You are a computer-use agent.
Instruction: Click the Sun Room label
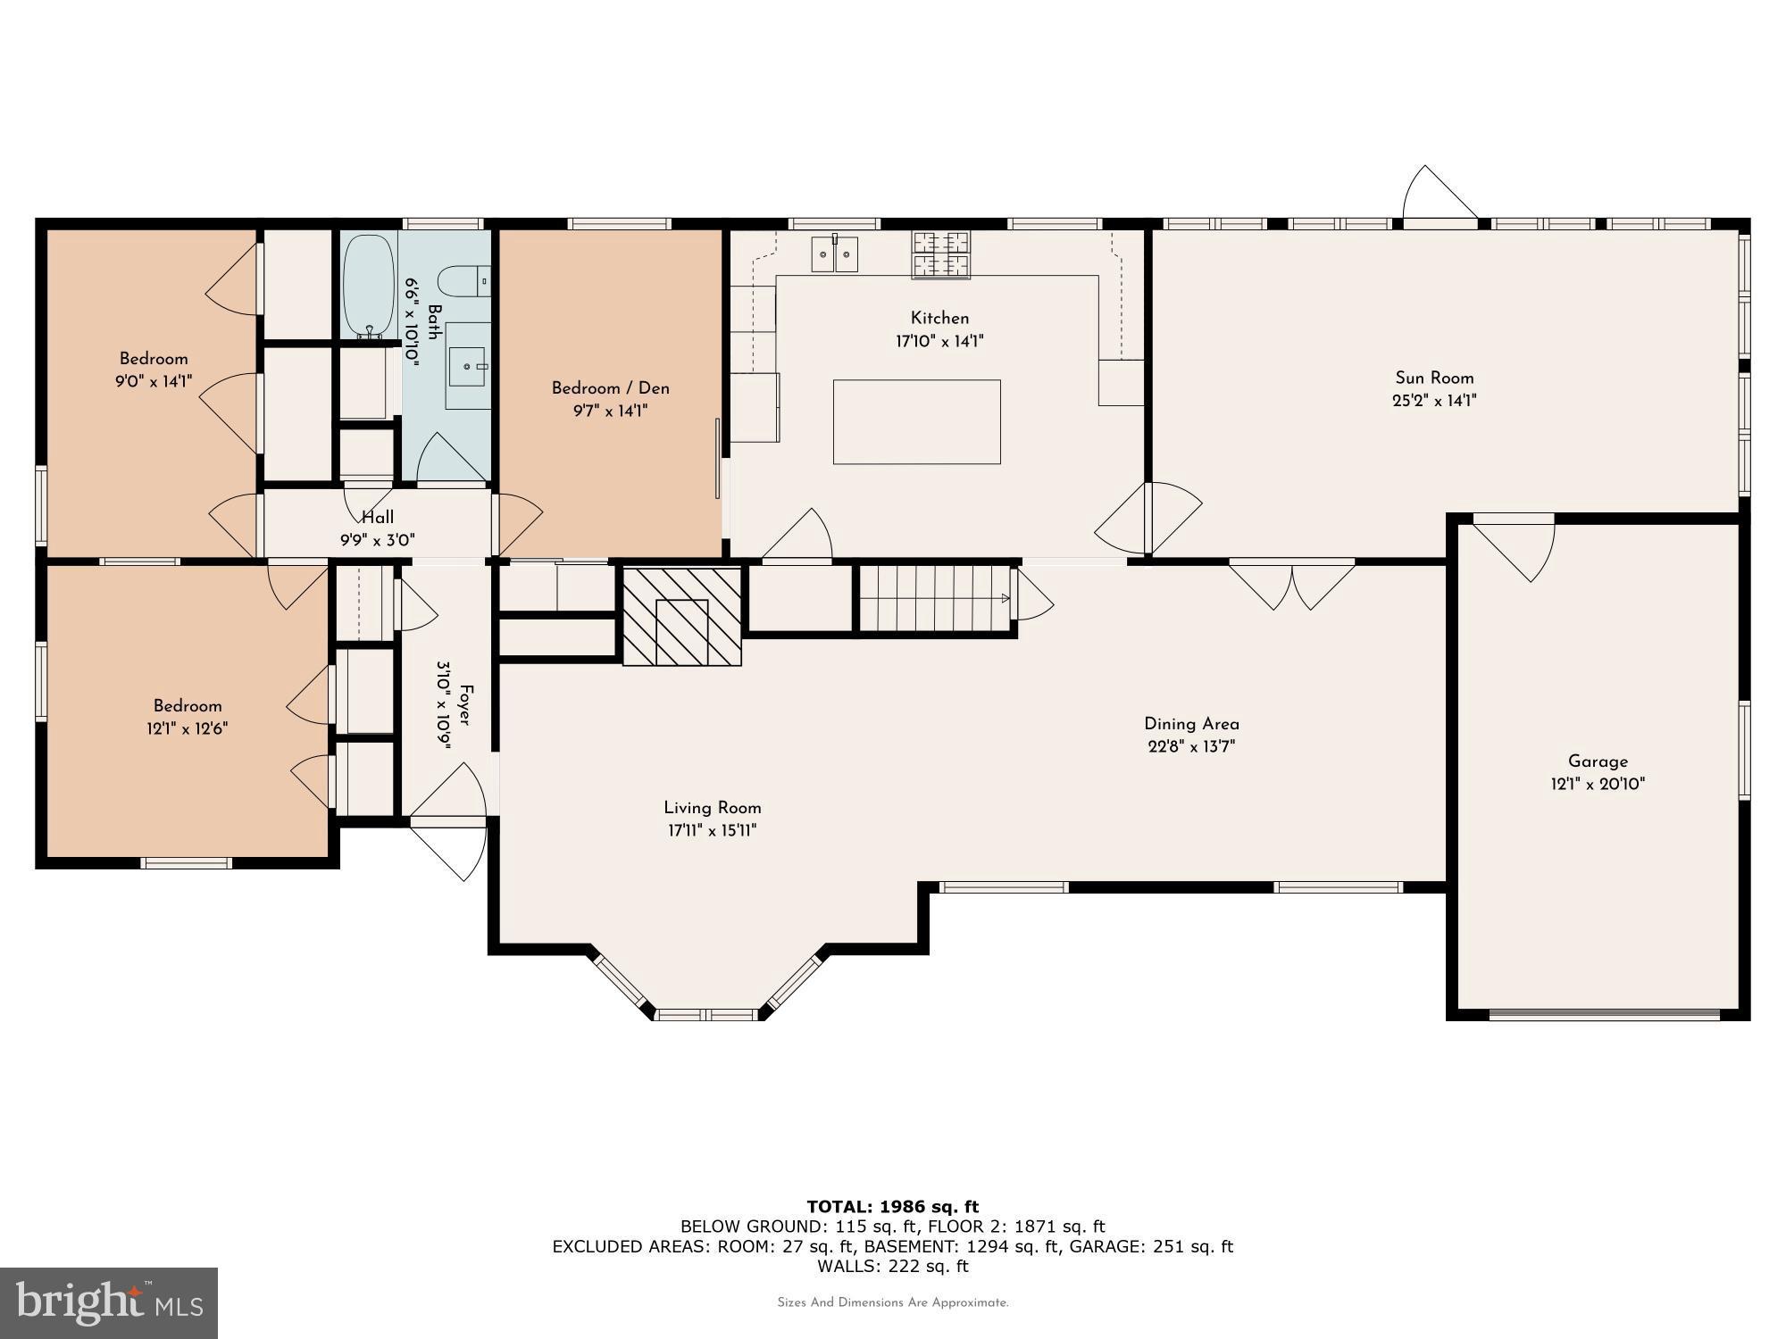click(x=1434, y=378)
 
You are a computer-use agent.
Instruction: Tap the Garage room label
click(x=1598, y=761)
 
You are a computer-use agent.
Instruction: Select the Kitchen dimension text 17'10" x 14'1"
click(x=939, y=341)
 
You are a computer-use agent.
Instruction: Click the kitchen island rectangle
click(x=916, y=421)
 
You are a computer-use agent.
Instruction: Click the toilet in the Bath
click(x=466, y=282)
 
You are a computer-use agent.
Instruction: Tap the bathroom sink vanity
click(x=468, y=365)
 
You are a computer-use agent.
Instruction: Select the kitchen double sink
click(x=834, y=254)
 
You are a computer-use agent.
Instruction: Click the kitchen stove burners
click(x=940, y=254)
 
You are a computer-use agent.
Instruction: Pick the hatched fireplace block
click(x=682, y=616)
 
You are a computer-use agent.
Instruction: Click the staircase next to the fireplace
click(x=935, y=598)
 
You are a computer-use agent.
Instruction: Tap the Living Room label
click(x=712, y=808)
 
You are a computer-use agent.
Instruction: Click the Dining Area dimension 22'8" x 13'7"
click(x=1191, y=747)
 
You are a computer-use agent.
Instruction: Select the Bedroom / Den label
click(x=610, y=388)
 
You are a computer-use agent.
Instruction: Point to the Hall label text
click(x=378, y=517)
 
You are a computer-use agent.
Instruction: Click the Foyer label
click(x=464, y=705)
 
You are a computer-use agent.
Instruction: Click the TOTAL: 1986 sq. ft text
click(x=893, y=1207)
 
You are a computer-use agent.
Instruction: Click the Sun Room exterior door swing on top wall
click(x=1439, y=193)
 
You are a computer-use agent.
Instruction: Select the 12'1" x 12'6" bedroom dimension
click(x=188, y=728)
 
